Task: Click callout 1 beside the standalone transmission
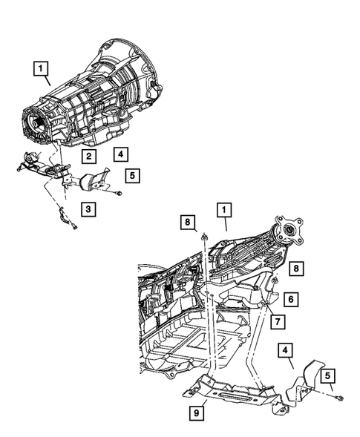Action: pos(41,70)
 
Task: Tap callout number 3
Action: pos(88,209)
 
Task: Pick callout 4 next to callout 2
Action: pos(119,154)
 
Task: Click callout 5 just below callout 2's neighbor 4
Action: pos(132,176)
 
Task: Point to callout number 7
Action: pos(276,321)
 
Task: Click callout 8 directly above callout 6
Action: pos(296,267)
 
